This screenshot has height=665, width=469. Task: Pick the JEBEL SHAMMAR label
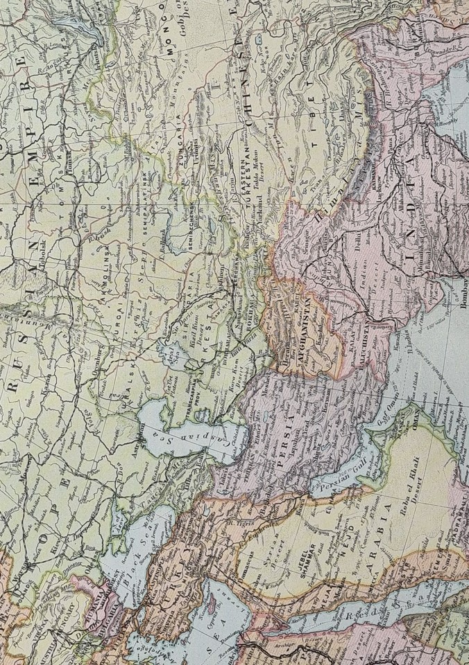321,561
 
